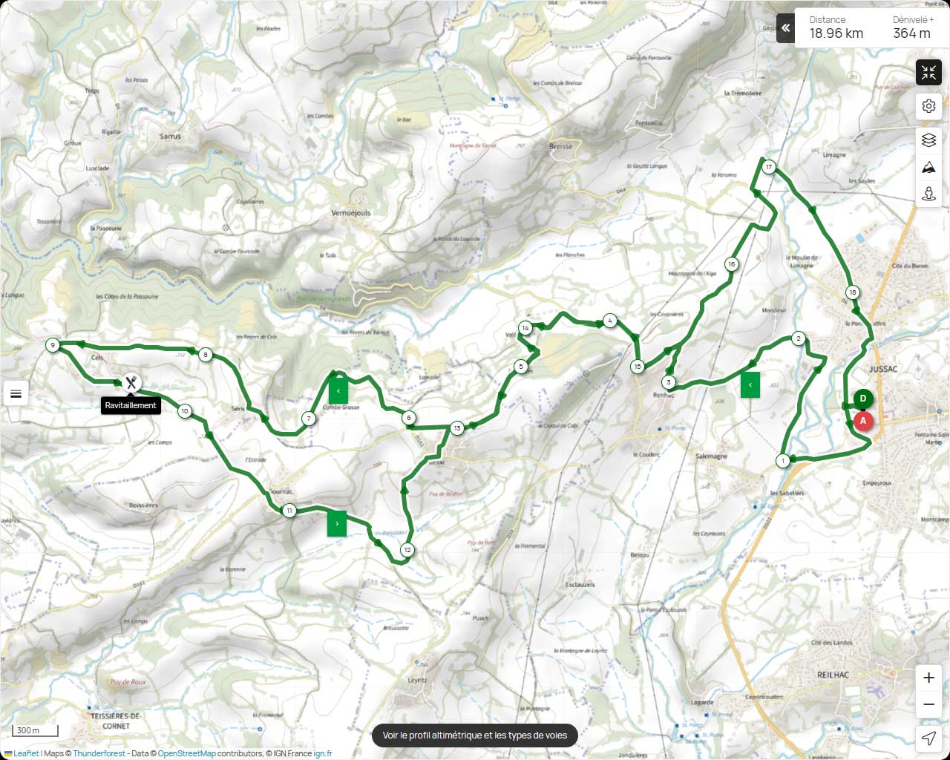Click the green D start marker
(x=862, y=399)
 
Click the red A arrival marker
(x=862, y=421)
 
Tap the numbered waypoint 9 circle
(x=52, y=345)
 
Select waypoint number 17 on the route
(x=769, y=167)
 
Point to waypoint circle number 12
(x=407, y=550)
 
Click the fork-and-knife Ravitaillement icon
(x=131, y=382)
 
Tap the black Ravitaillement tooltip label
(x=131, y=405)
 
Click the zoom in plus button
(x=928, y=678)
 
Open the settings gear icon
(x=928, y=106)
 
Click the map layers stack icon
(x=928, y=140)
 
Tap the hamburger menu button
(x=16, y=393)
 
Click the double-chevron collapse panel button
(x=785, y=28)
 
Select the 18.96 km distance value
(x=836, y=33)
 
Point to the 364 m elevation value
(x=911, y=33)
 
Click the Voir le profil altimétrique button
(x=475, y=736)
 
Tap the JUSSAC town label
(x=883, y=369)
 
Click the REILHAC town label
(x=832, y=675)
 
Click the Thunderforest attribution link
(x=99, y=754)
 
